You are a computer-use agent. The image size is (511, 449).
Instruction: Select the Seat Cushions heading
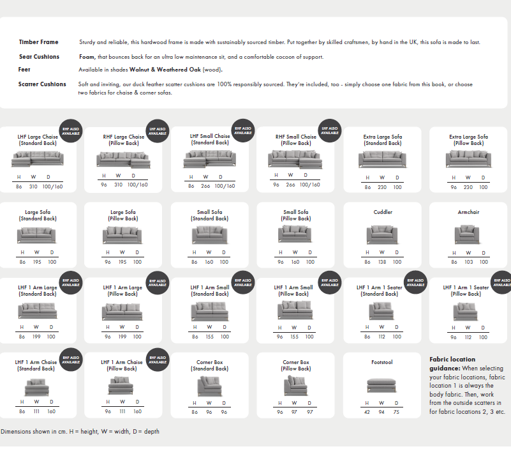coord(39,57)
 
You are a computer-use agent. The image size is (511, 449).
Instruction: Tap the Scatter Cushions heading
coord(42,84)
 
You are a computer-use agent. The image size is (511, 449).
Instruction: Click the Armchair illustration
coord(468,234)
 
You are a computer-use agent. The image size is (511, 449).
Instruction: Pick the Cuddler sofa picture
coord(382,234)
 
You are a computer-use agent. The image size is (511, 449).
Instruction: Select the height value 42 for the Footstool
coord(367,412)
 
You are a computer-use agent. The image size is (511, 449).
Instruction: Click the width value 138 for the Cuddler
coord(382,262)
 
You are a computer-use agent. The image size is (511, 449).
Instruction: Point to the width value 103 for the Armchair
coord(468,262)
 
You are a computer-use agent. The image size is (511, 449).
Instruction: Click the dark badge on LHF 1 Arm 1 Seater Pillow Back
coord(502,282)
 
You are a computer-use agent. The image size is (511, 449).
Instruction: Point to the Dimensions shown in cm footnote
coord(80,432)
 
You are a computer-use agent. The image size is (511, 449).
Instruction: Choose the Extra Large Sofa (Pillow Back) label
coord(468,140)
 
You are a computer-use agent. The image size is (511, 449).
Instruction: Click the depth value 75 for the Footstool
coord(397,412)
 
